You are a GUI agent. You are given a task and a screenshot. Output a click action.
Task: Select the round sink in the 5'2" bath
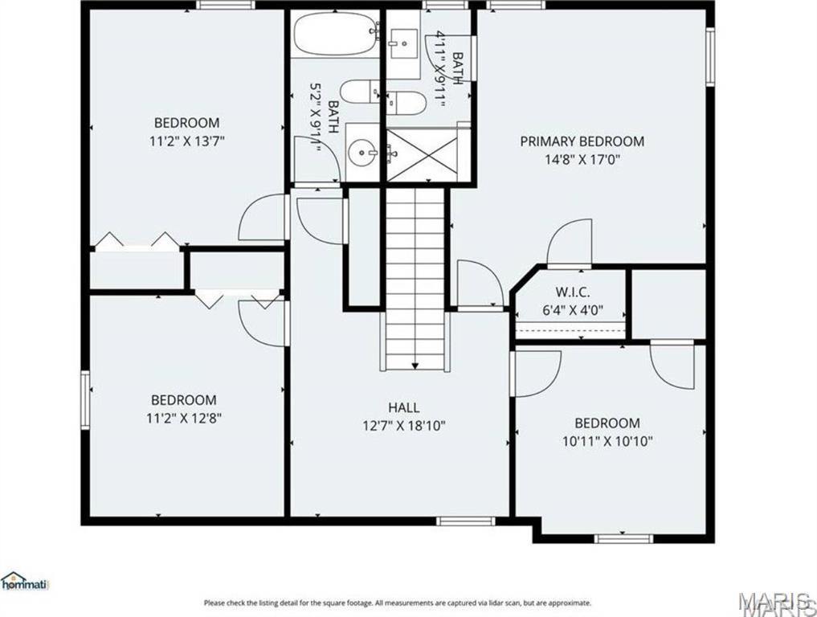pyautogui.click(x=365, y=150)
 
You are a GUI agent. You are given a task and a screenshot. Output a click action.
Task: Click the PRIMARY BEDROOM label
pyautogui.click(x=582, y=141)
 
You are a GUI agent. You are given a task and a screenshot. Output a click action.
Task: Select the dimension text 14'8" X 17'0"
pyautogui.click(x=582, y=159)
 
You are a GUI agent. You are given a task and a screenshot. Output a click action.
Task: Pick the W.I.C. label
pyautogui.click(x=573, y=291)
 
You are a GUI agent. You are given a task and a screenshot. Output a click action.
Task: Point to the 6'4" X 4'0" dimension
pyautogui.click(x=573, y=308)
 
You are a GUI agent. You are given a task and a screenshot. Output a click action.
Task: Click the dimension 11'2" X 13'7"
pyautogui.click(x=186, y=141)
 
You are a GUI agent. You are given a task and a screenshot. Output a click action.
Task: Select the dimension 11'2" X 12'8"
pyautogui.click(x=184, y=418)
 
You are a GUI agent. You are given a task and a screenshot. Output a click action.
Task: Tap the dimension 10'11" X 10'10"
pyautogui.click(x=607, y=441)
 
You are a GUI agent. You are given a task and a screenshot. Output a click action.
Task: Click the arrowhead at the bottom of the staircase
pyautogui.click(x=415, y=366)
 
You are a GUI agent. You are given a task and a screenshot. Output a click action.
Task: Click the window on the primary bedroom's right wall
pyautogui.click(x=710, y=56)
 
